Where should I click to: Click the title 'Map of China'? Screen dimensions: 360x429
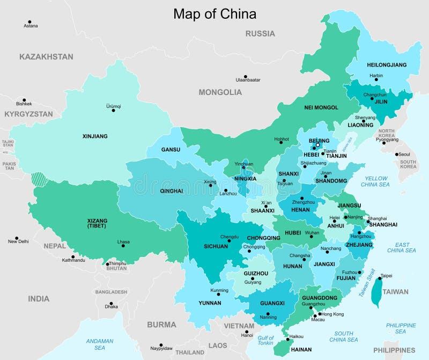[214, 13]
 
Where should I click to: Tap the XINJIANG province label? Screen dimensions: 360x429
[95, 136]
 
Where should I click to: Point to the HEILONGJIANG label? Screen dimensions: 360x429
[386, 65]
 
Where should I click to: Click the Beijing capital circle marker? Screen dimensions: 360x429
[317, 145]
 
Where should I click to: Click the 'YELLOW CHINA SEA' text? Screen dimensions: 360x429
[376, 181]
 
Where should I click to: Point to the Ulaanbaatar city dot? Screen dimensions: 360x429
[245, 77]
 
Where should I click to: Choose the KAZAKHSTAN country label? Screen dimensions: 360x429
[46, 56]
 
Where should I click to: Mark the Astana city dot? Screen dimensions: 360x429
[28, 22]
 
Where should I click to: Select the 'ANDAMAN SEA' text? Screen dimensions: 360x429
[100, 344]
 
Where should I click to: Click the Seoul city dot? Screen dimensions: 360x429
[397, 154]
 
